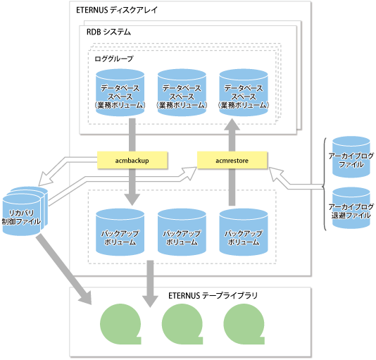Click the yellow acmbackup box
point(132,160)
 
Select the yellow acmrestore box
point(232,160)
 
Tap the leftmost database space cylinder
point(120,92)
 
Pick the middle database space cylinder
point(182,92)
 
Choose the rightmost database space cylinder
point(244,92)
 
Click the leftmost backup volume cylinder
point(120,232)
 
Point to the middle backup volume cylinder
point(182,232)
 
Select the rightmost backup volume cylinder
point(244,232)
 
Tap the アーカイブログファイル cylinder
point(351,157)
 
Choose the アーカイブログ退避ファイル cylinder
point(351,208)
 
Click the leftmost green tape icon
point(120,324)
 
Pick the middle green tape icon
point(182,324)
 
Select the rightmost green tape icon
point(244,324)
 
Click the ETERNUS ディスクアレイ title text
point(117,10)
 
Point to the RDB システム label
point(108,32)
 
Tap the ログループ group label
point(114,58)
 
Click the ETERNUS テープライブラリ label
point(213,295)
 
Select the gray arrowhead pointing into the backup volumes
point(132,199)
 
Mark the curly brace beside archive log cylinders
point(324,184)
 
